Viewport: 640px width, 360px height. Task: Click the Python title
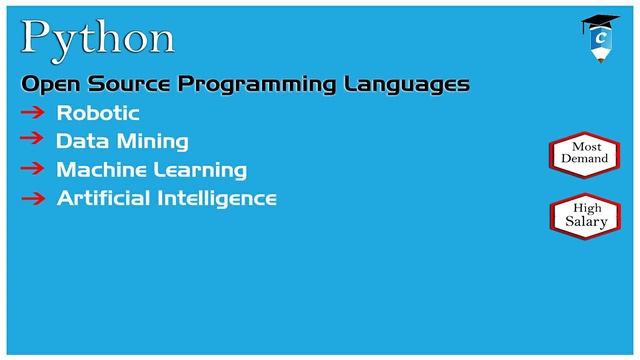98,37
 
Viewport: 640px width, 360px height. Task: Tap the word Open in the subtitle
48,84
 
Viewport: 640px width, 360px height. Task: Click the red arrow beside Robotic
33,112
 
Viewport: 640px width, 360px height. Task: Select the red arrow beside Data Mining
33,140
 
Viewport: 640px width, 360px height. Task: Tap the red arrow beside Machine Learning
33,169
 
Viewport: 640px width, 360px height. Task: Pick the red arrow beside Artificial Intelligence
33,198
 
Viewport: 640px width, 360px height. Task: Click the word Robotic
98,113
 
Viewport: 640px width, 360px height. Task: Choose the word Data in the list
78,141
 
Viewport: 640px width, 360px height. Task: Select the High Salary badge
584,215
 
